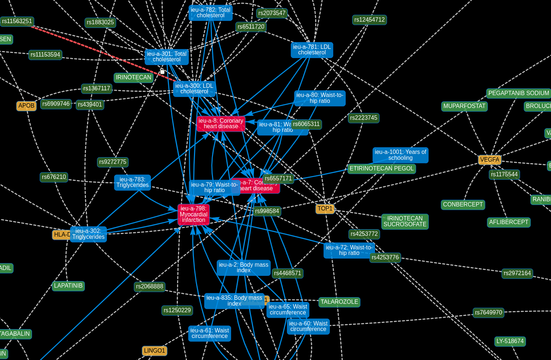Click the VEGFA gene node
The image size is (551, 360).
point(489,160)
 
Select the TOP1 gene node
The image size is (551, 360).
point(325,209)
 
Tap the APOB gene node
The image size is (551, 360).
point(26,106)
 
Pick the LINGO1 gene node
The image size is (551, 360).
point(154,351)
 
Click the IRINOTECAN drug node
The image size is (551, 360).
point(133,78)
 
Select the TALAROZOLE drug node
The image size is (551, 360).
point(339,302)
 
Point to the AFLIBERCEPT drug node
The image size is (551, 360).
point(509,222)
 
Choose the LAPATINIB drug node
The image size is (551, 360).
point(68,286)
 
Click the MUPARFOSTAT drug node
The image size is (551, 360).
point(464,106)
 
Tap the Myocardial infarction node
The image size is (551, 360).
point(194,214)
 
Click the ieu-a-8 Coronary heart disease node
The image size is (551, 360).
point(221,123)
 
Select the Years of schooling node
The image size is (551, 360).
point(400,155)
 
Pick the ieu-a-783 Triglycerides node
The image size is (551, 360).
point(133,182)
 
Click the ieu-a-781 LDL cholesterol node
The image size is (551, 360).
point(312,50)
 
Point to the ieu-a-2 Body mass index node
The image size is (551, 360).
point(244,267)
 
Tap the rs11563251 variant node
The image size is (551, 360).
point(17,21)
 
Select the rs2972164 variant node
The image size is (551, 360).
point(517,273)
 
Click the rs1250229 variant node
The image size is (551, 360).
point(177,310)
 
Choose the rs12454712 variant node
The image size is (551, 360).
point(369,20)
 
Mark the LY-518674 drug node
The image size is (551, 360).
point(510,341)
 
